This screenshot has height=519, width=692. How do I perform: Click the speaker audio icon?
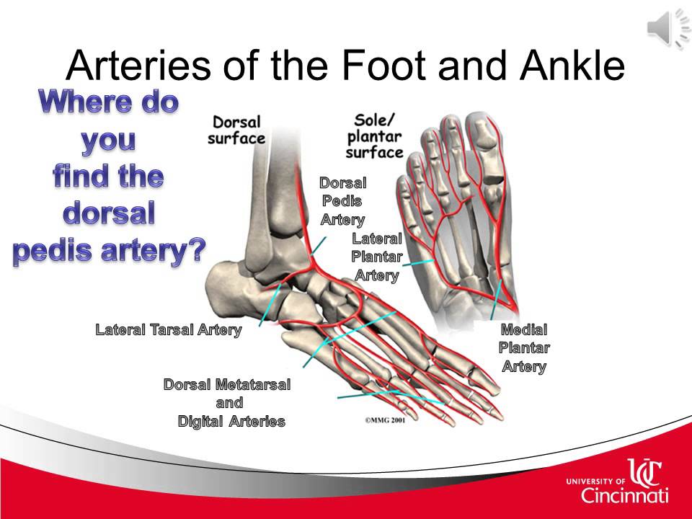668,28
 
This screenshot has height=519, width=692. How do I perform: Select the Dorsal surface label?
236,130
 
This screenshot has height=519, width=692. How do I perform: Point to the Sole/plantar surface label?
374,136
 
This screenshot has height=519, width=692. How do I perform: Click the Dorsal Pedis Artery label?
343,201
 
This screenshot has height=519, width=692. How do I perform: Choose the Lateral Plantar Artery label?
376,257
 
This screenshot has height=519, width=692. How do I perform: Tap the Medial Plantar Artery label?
524,347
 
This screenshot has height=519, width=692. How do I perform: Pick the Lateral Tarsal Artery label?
169,329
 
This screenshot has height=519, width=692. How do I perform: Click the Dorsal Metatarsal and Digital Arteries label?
227,402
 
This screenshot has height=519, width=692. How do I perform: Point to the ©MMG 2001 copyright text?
385,420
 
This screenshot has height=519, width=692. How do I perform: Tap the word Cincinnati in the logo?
624,495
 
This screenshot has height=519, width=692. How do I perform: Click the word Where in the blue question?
83,102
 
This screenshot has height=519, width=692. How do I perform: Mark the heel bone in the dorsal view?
229,289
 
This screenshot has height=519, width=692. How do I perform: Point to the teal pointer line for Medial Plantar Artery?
497,299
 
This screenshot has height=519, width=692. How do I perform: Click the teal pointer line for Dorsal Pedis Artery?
318,246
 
